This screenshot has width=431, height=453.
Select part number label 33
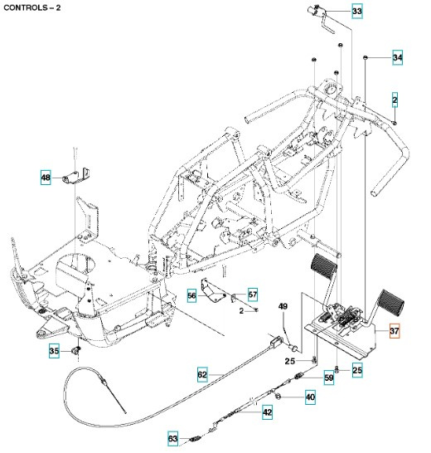coord(356,12)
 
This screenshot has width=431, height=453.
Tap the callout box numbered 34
coord(397,58)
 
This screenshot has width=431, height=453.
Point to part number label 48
coord(46,177)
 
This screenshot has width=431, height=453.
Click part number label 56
coord(191,295)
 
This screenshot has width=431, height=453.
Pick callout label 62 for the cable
coord(202,375)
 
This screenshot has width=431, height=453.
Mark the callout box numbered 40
coord(310,397)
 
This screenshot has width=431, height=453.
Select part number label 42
coord(267,412)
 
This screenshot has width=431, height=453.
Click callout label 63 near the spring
coord(172,438)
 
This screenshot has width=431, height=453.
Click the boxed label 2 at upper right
coord(395,100)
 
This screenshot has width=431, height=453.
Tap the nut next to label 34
coord(366,56)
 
